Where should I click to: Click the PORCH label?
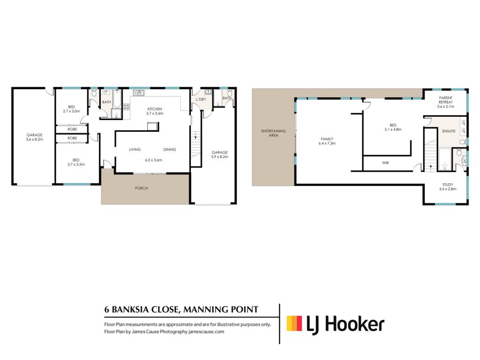pyautogui.click(x=142, y=188)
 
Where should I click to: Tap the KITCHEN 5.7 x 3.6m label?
pyautogui.click(x=155, y=111)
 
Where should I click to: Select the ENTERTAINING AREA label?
pyautogui.click(x=273, y=133)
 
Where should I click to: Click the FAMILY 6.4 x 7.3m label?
pyautogui.click(x=327, y=141)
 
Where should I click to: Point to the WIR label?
pyautogui.click(x=385, y=163)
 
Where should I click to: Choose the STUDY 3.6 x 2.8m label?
pyautogui.click(x=448, y=187)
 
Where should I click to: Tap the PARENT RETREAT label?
pyautogui.click(x=445, y=100)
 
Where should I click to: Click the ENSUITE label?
pyautogui.click(x=449, y=131)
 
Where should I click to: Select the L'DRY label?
pyautogui.click(x=201, y=99)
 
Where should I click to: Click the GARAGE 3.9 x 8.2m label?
pyautogui.click(x=219, y=154)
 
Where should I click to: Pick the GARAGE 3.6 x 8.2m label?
pyautogui.click(x=34, y=137)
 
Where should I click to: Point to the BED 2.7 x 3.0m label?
pyautogui.click(x=71, y=109)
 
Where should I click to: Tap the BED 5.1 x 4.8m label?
pyautogui.click(x=393, y=127)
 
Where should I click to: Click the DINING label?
pyautogui.click(x=170, y=150)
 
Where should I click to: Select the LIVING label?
pyautogui.click(x=135, y=150)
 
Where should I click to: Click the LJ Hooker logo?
pyautogui.click(x=336, y=324)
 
